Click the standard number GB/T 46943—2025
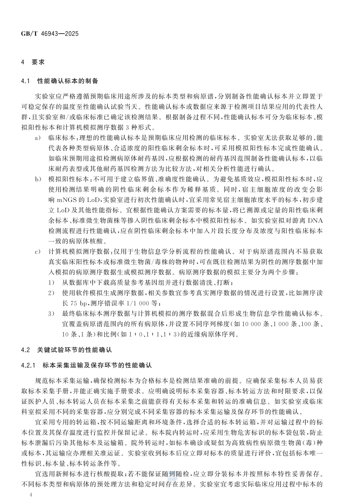coord(50,34)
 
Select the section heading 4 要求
coord(33,62)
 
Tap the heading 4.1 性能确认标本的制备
coord(59,81)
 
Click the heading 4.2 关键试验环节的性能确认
coord(67,350)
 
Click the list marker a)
coord(38,138)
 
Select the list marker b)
coord(38,179)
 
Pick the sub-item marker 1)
coord(51,283)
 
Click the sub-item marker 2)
coord(51,293)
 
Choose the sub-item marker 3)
coord(51,314)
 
